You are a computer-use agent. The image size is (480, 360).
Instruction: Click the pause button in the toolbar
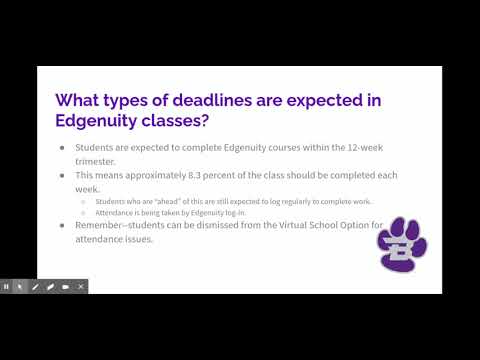[x=7, y=287]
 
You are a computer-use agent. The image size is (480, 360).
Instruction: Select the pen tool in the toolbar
[x=35, y=287]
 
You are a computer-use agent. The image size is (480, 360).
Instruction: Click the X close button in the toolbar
[x=82, y=287]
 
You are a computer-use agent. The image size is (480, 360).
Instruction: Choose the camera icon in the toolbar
[x=66, y=287]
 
